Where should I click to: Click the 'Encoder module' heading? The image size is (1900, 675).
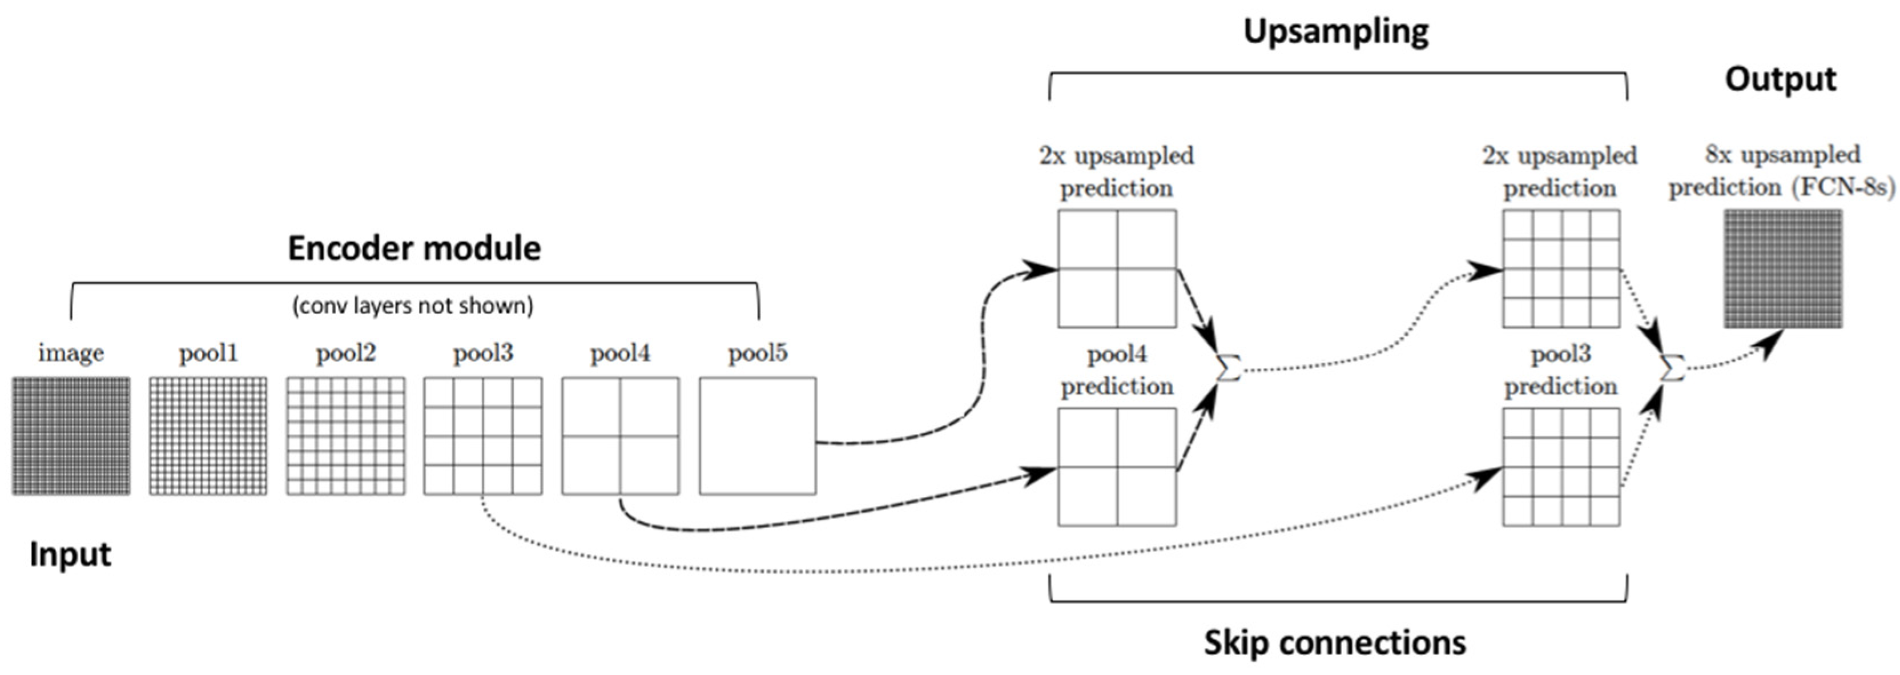pos(414,248)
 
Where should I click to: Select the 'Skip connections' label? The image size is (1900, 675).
pos(1334,642)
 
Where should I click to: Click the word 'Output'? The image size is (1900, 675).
pos(1780,79)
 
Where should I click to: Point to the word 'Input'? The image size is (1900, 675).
pos(70,554)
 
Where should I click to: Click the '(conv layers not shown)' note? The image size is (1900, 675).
pos(413,305)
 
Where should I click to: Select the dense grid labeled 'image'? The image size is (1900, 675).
pos(71,436)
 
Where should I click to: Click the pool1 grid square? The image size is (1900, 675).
pos(208,436)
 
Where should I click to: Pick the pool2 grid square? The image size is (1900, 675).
pos(345,436)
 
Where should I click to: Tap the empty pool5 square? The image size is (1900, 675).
pos(758,436)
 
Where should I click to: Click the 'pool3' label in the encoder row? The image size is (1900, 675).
pos(482,353)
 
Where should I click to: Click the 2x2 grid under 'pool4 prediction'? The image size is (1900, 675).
pos(1117,467)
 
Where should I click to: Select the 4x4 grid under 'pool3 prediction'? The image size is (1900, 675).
pos(1561,467)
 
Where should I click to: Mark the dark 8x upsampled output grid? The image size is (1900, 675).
pos(1782,268)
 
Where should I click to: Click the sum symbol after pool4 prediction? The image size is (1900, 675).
pos(1228,367)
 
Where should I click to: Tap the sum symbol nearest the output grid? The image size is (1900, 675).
pos(1672,367)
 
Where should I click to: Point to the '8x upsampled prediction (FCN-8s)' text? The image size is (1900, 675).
pos(1781,171)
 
